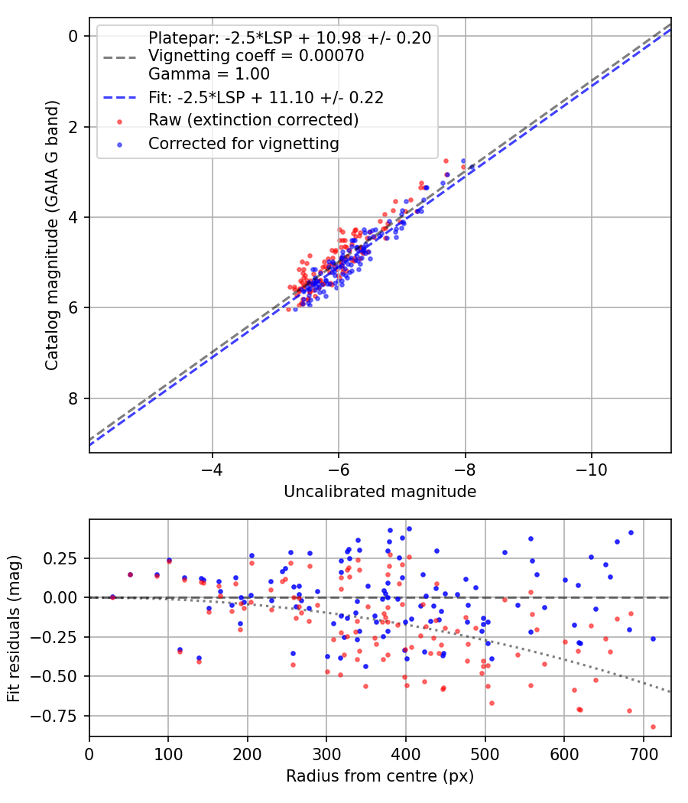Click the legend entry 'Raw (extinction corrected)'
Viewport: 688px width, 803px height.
click(253, 120)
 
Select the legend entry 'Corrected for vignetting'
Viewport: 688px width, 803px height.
click(243, 143)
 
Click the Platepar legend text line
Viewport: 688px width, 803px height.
click(290, 37)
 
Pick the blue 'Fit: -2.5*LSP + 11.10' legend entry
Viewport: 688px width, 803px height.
click(265, 97)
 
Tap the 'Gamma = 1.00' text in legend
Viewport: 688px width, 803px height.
click(209, 74)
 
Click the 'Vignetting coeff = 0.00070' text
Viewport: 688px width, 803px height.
click(256, 56)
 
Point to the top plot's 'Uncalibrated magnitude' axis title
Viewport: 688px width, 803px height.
click(380, 492)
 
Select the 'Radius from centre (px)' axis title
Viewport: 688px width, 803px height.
click(380, 776)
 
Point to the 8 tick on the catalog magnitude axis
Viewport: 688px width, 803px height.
click(73, 398)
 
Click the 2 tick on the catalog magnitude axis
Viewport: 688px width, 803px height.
click(73, 127)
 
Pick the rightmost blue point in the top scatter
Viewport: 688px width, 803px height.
click(463, 161)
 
